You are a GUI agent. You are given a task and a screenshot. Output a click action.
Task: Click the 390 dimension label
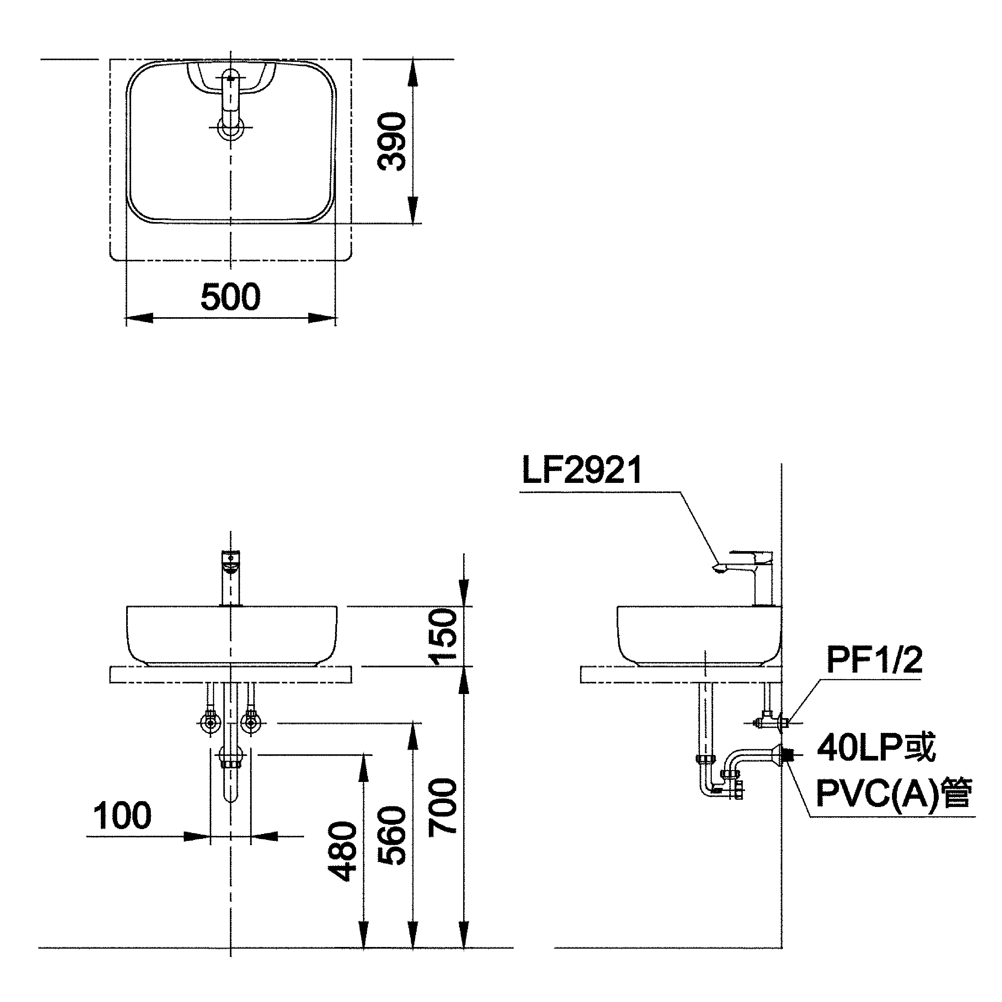(392, 142)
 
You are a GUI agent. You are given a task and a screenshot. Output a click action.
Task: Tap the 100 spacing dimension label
(123, 816)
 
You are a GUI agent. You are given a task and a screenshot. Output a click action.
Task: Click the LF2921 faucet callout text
(582, 470)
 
